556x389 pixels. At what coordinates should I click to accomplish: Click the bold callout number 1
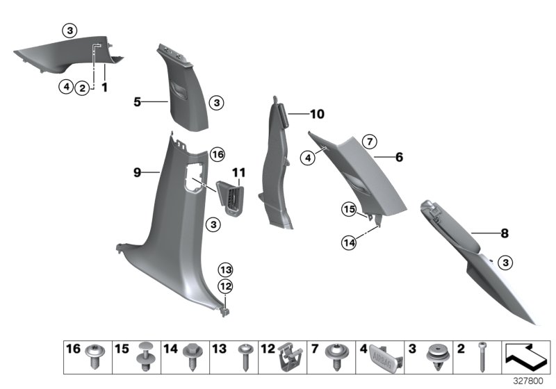click(x=105, y=88)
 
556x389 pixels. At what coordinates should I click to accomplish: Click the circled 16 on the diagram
click(x=218, y=154)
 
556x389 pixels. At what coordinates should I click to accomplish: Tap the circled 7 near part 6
click(x=370, y=142)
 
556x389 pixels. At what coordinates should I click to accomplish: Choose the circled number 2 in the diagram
click(x=83, y=88)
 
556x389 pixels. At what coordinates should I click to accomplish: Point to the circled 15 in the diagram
click(x=348, y=209)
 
